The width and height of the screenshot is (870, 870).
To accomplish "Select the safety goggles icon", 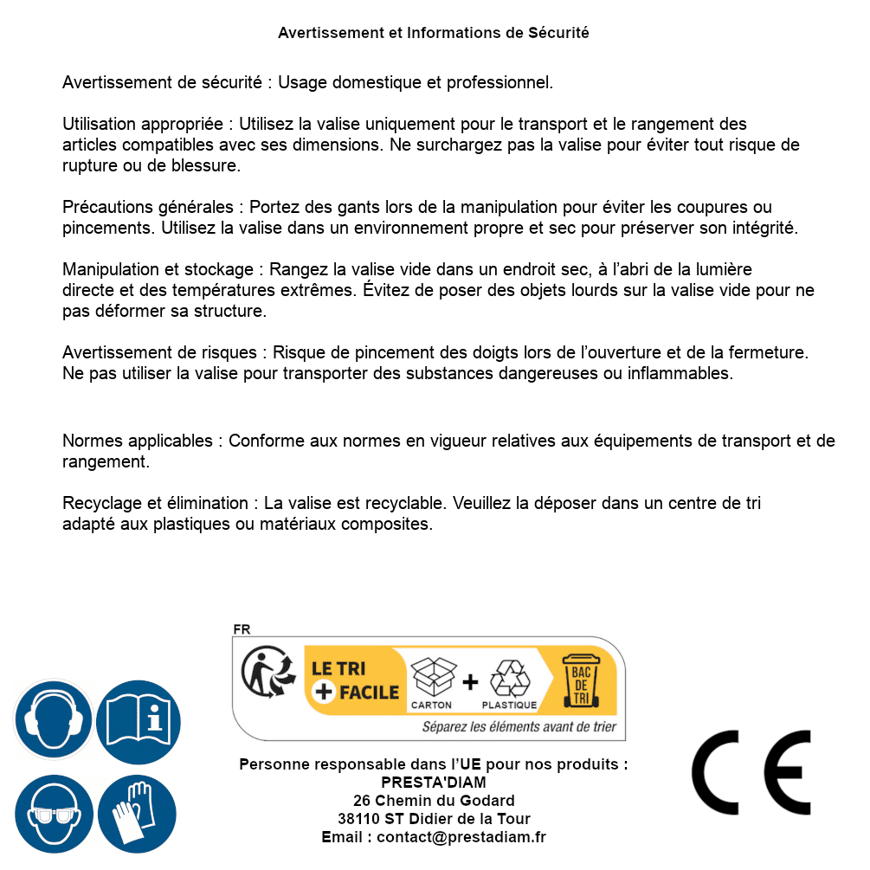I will (x=53, y=815).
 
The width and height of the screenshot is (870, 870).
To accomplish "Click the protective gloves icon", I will (x=138, y=815).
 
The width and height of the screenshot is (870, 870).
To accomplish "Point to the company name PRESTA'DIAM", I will (x=434, y=783).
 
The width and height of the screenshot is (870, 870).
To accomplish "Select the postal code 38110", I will (x=357, y=819).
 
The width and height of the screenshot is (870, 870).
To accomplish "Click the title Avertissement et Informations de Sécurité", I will (x=434, y=33).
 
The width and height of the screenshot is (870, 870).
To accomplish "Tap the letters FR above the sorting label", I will (x=242, y=630).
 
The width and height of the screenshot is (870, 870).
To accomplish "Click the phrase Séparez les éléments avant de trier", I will (x=519, y=727).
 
